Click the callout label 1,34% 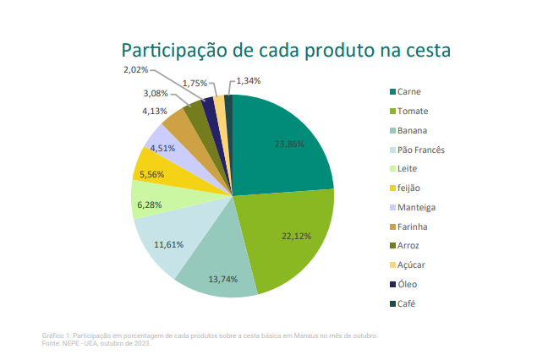coord(249,81)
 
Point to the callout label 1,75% coord(195,83)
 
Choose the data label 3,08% coord(155,93)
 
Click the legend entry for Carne coord(409,91)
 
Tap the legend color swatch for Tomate coord(392,111)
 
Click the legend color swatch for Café coord(392,303)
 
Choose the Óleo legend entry coord(408,284)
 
